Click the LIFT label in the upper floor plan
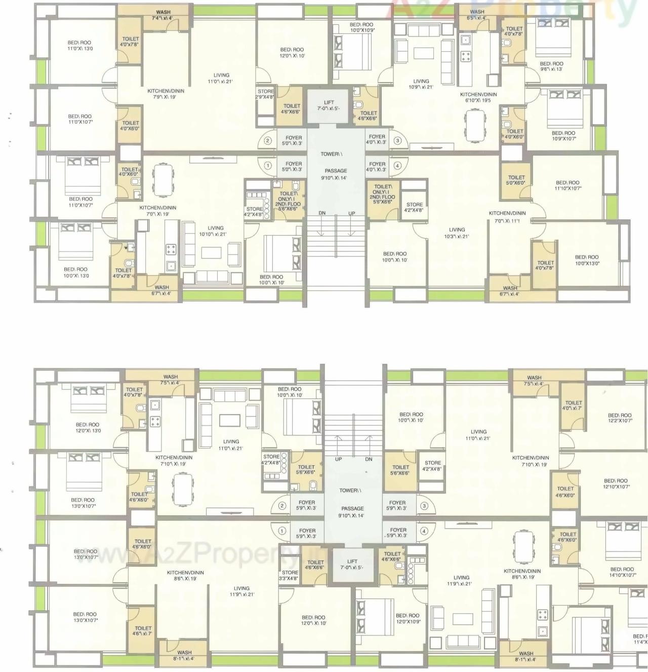[329, 105]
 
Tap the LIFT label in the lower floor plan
[352, 564]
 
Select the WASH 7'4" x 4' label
[163, 15]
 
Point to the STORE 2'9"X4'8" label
[265, 94]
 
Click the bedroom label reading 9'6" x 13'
[551, 66]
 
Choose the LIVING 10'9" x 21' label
[421, 84]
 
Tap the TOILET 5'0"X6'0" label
[516, 180]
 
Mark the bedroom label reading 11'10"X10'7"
[568, 185]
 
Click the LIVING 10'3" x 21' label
[457, 233]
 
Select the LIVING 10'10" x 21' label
[216, 231]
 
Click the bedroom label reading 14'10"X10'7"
[622, 572]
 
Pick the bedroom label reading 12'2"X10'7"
[620, 418]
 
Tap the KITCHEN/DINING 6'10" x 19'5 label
[478, 97]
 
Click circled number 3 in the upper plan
[397, 140]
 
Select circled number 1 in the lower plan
[282, 531]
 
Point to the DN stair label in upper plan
[322, 213]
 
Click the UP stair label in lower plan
[338, 459]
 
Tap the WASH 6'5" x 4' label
[477, 15]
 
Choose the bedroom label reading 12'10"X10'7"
[616, 483]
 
